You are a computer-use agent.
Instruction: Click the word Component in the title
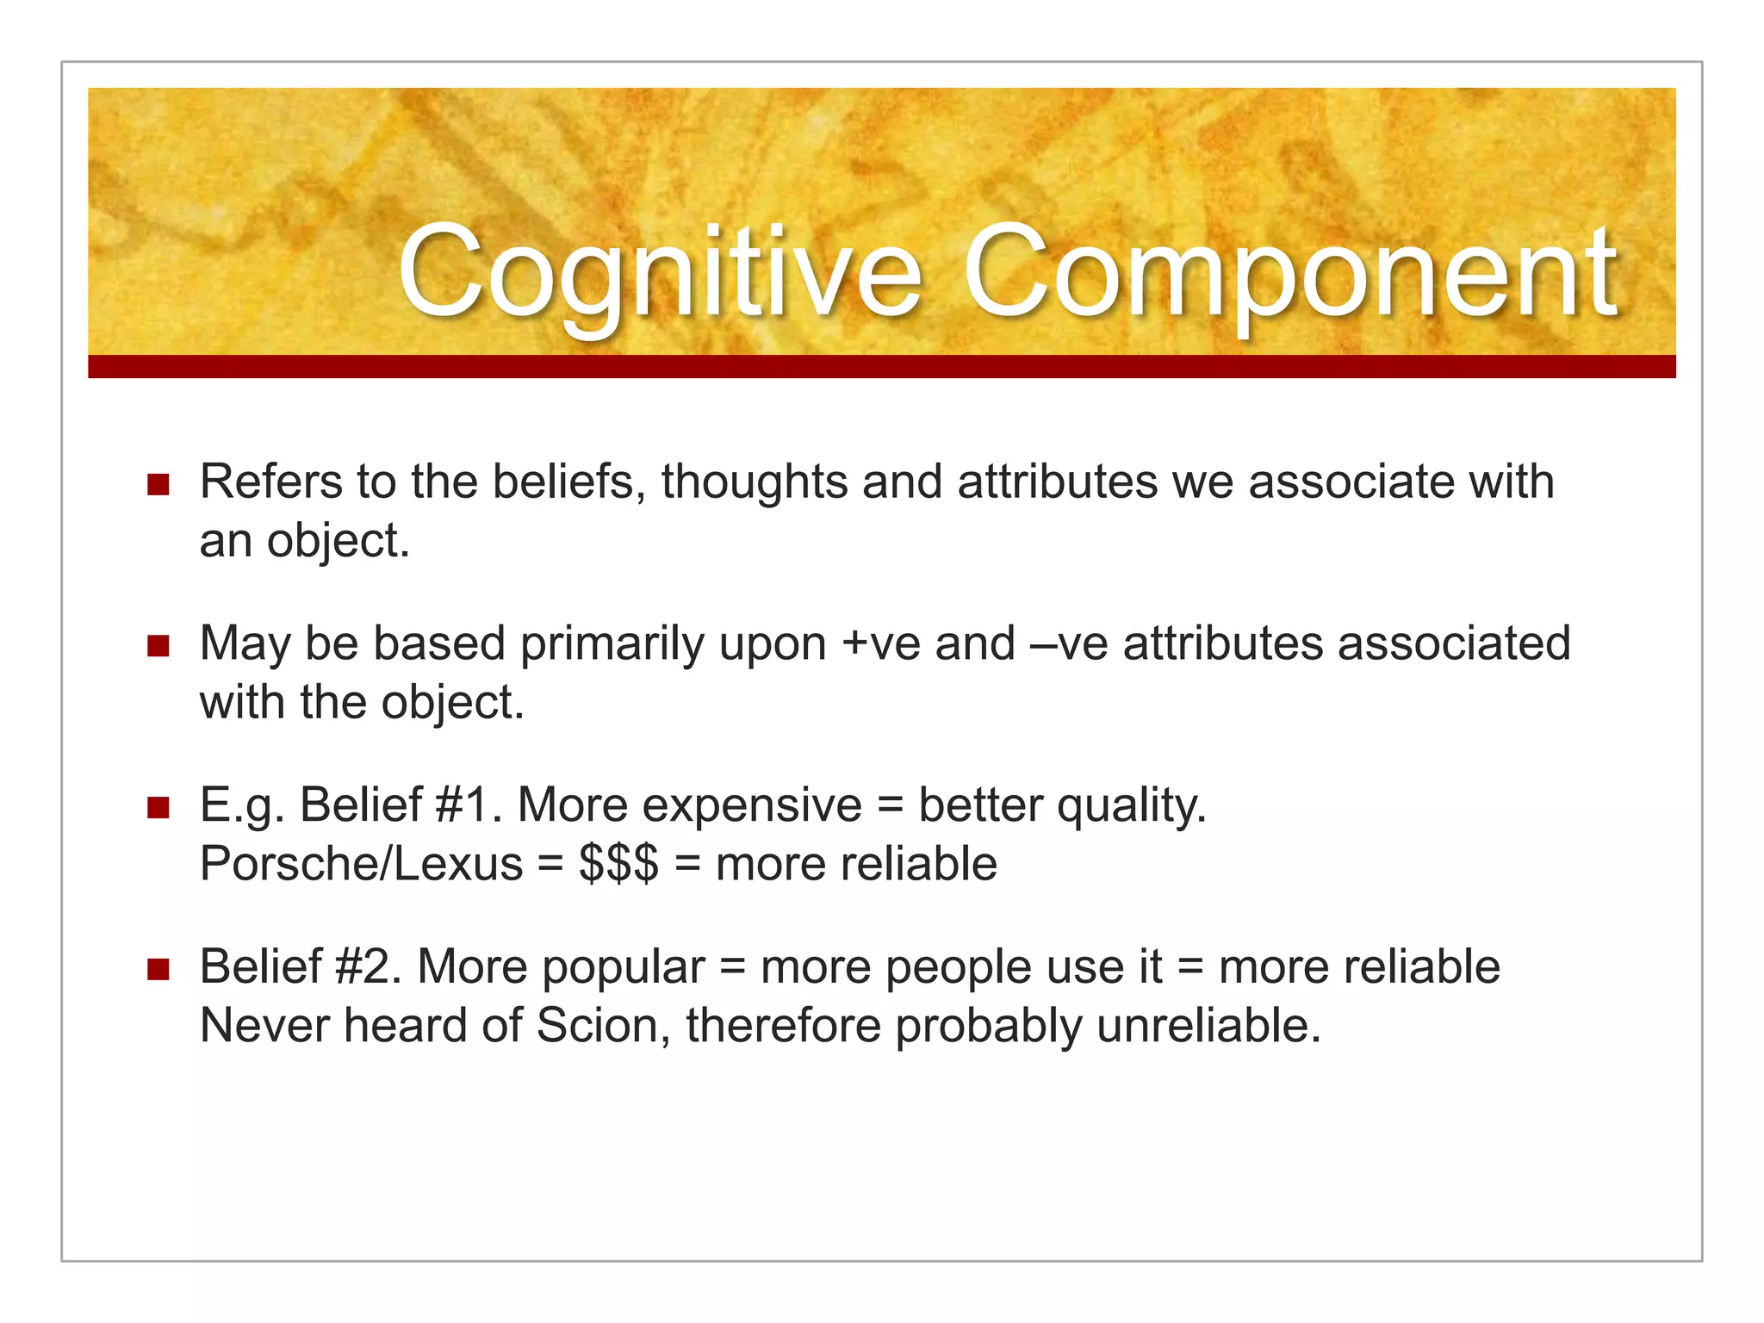1289,274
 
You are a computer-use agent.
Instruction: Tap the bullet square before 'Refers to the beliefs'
158,484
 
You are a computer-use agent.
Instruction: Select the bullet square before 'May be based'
158,646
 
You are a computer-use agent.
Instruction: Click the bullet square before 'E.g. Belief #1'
158,808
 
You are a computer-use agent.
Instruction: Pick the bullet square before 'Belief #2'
158,970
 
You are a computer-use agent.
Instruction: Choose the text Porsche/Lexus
361,864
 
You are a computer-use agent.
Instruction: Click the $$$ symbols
618,864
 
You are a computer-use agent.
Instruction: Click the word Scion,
603,1026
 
